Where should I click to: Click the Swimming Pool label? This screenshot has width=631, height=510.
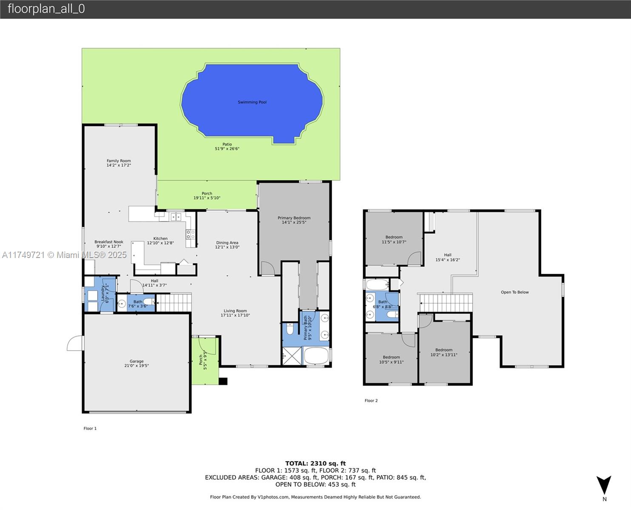[252, 102]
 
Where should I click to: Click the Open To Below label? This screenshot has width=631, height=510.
[514, 292]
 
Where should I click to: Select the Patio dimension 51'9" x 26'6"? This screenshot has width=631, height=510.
[227, 149]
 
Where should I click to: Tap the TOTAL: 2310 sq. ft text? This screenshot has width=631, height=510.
[315, 464]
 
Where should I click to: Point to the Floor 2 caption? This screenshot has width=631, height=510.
[371, 400]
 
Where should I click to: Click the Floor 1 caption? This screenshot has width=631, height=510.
[90, 428]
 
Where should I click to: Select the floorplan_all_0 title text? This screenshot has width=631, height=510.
[46, 8]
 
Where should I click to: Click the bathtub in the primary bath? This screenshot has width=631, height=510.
[316, 355]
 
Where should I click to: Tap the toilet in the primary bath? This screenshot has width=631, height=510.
[290, 329]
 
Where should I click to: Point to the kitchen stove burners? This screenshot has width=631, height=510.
[190, 235]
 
